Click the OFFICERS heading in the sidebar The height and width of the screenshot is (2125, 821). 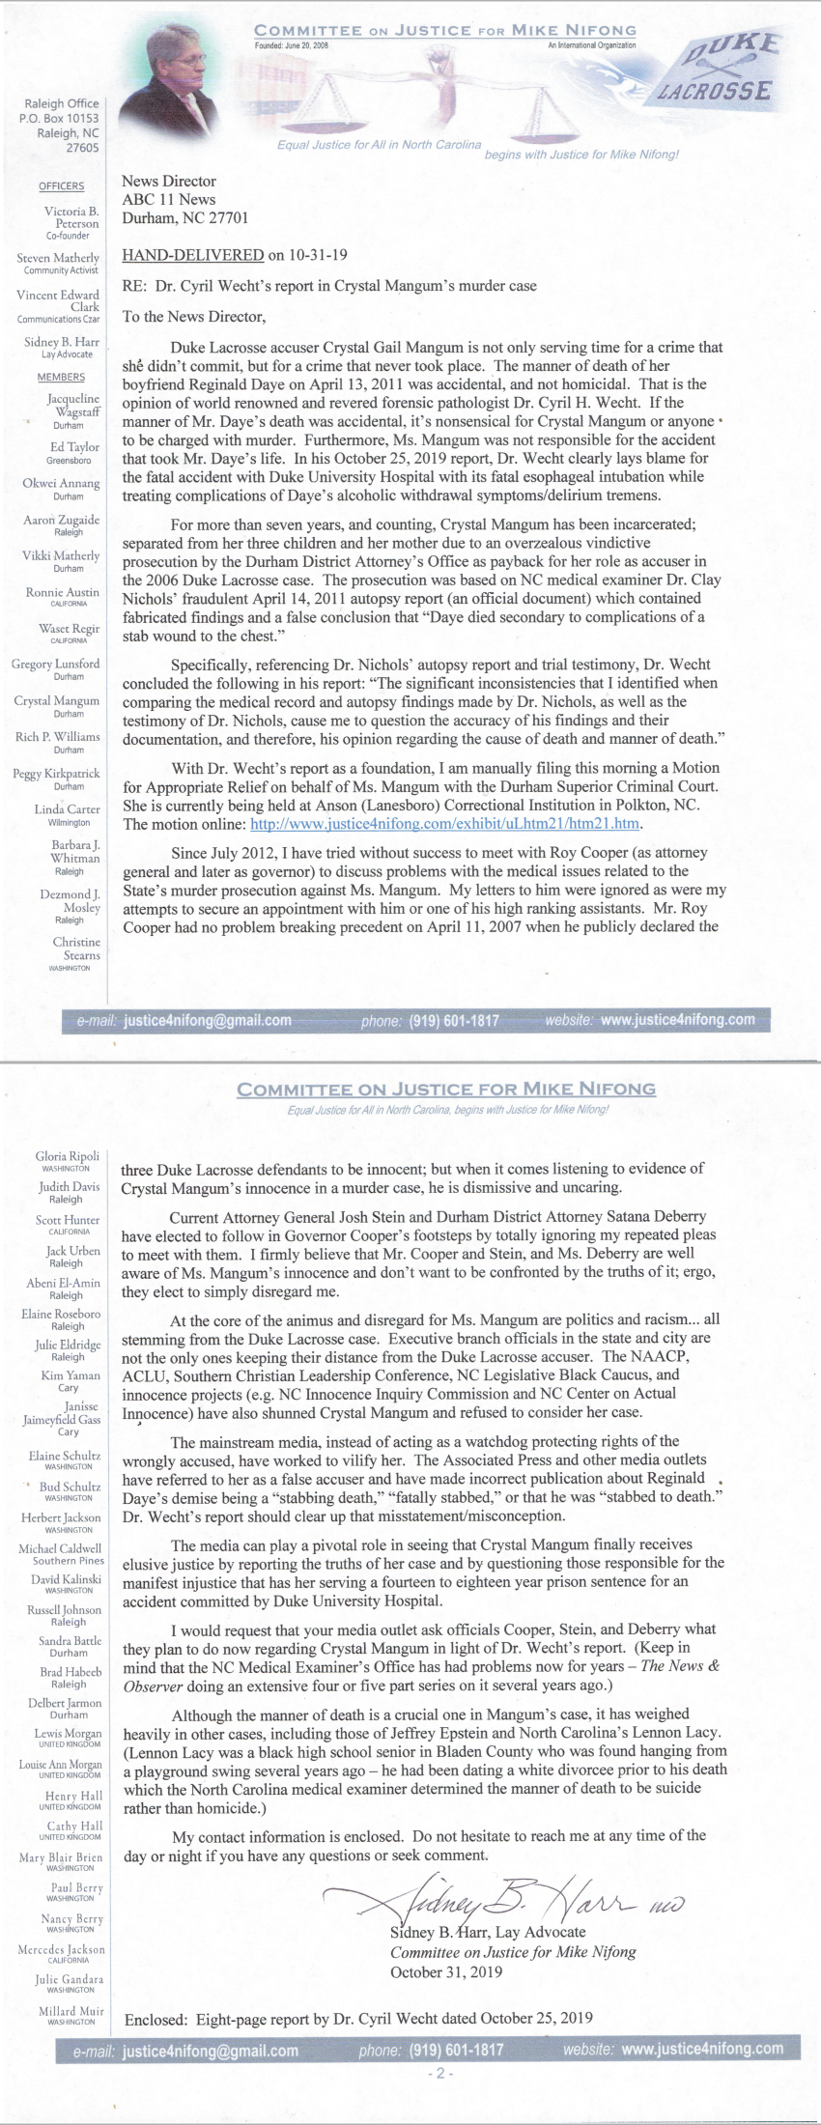[x=61, y=186]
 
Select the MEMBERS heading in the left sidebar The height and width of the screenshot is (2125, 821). [x=61, y=377]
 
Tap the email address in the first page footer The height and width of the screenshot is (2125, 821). [x=207, y=1020]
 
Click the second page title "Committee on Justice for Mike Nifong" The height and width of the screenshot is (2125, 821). [x=446, y=1090]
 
